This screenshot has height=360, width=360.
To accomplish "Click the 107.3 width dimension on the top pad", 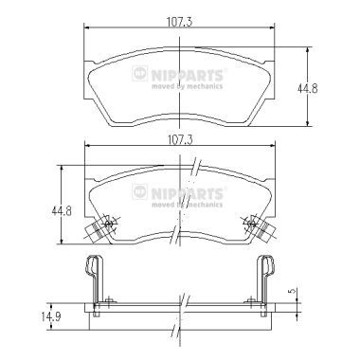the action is pyautogui.click(x=179, y=22).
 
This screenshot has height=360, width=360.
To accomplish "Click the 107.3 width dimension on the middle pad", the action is pyautogui.click(x=180, y=139).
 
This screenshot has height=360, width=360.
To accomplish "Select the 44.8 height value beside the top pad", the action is pyautogui.click(x=307, y=88).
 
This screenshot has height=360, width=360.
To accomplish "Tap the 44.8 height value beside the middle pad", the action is pyautogui.click(x=62, y=210).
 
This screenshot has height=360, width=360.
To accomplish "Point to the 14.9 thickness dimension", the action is pyautogui.click(x=50, y=316).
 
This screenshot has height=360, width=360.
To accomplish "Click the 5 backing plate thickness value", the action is pyautogui.click(x=294, y=291).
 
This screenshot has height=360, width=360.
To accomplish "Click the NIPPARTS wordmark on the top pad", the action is pyautogui.click(x=188, y=75).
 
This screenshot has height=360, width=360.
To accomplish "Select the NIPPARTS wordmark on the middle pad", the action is pyautogui.click(x=188, y=193).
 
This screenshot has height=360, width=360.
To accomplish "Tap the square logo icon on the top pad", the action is pyautogui.click(x=140, y=74).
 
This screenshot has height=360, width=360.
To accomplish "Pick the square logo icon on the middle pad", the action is pyautogui.click(x=140, y=191).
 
